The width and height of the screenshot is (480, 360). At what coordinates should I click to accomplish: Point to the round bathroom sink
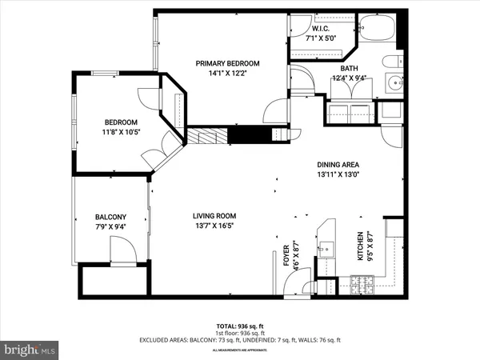coord(394,83)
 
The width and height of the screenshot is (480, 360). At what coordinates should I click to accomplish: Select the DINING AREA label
coord(337,163)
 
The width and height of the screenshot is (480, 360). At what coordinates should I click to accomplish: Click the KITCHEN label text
coord(359,249)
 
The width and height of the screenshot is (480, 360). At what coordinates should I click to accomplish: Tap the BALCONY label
coord(111,217)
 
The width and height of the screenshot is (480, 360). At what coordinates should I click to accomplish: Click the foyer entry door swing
coord(298,283)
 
